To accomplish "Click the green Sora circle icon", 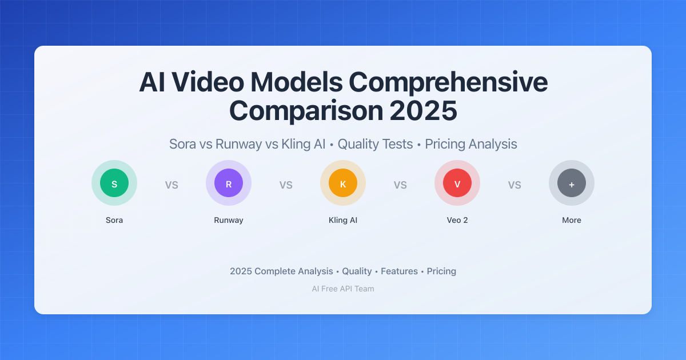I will click(x=114, y=183).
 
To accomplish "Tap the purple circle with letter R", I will click(x=229, y=183).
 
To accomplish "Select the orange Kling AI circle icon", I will click(x=343, y=183).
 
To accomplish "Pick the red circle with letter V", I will click(x=457, y=183).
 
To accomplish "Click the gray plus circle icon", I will click(x=572, y=183).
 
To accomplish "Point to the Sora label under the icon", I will click(x=114, y=220).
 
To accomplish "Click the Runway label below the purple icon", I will click(x=229, y=220).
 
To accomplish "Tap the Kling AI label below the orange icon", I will click(x=343, y=220).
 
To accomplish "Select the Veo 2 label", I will click(x=457, y=220).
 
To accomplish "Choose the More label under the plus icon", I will click(x=572, y=220).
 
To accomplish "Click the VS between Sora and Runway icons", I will click(x=171, y=185).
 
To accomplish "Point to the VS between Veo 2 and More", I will click(x=514, y=185).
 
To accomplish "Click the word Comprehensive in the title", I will click(x=448, y=83).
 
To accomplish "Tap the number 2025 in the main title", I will click(x=424, y=111).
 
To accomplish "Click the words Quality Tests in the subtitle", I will click(x=375, y=144).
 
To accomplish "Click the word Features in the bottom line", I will click(x=399, y=271).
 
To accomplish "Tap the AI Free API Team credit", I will click(x=343, y=289).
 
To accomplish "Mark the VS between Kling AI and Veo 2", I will click(x=400, y=185).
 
